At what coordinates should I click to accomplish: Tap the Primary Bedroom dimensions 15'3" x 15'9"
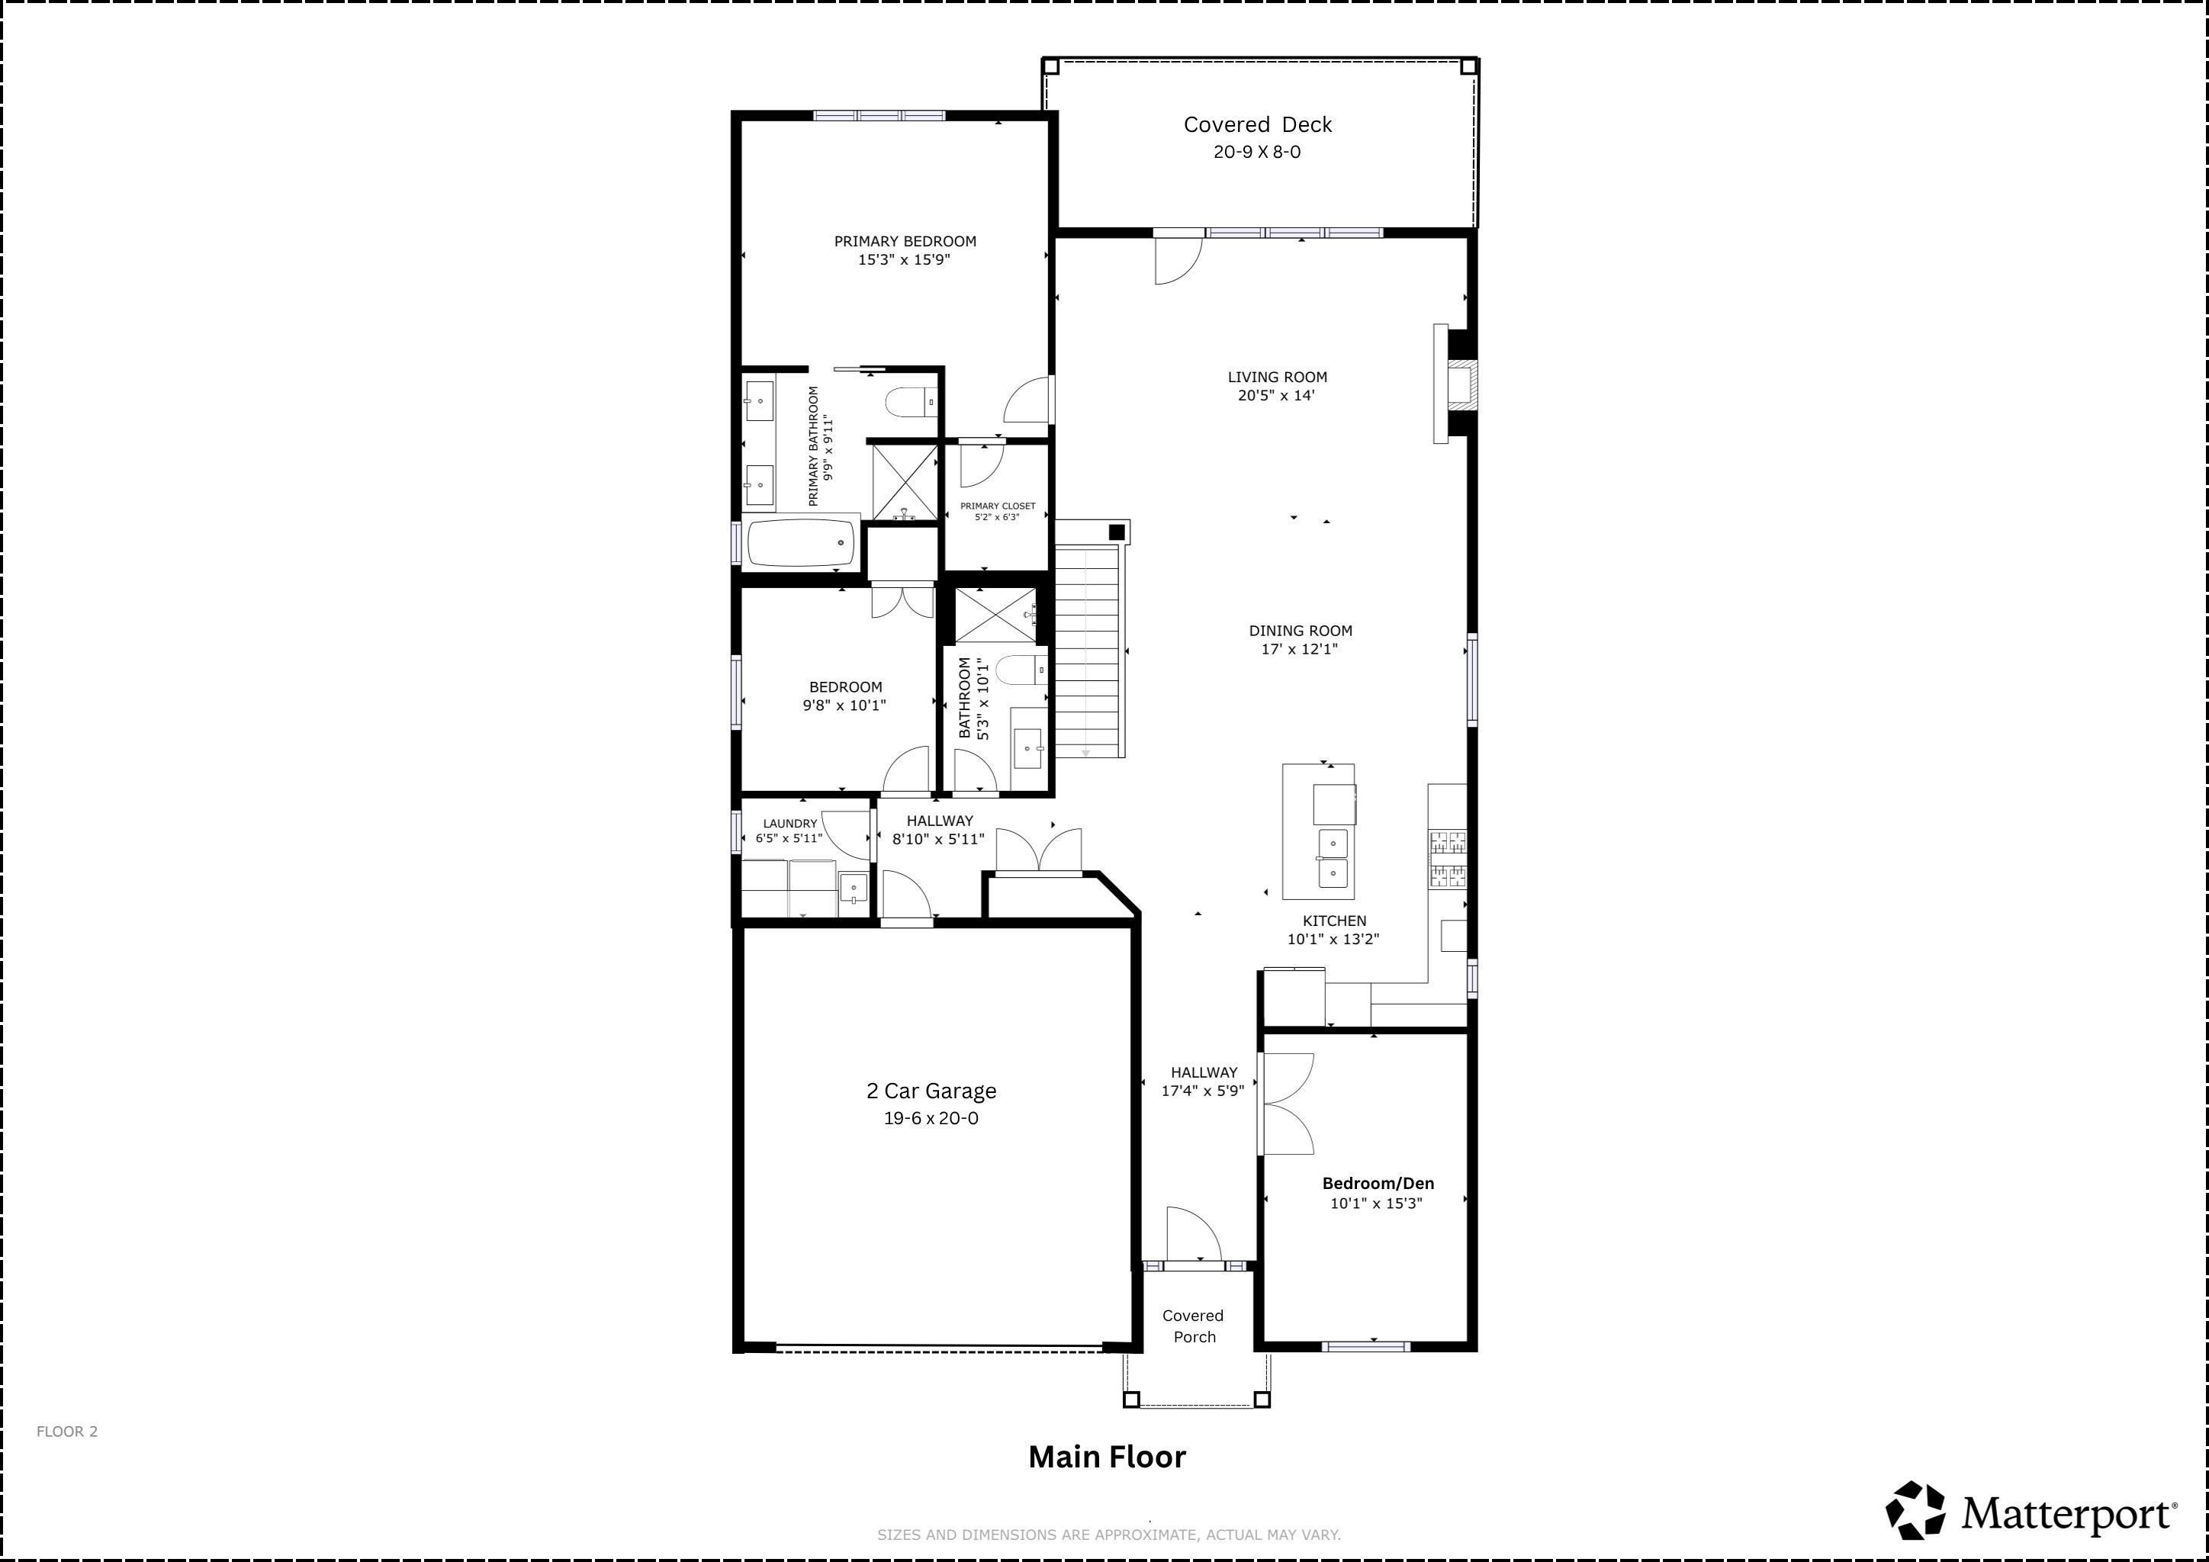(905, 259)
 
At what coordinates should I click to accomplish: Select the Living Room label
(1277, 377)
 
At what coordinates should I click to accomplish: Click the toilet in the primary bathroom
(910, 401)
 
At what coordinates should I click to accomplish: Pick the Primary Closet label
(998, 506)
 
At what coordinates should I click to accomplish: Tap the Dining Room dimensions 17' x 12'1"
(1300, 649)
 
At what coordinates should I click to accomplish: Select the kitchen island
(1318, 832)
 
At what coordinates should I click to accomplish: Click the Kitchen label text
(1334, 921)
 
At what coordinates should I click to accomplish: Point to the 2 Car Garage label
(931, 1091)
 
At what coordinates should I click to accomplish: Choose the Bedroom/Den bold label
(1378, 1184)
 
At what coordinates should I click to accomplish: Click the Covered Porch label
(1193, 1326)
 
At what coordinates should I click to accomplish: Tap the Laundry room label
(790, 823)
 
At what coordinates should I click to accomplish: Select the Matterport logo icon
(1915, 1510)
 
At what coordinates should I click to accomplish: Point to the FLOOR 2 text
(67, 1431)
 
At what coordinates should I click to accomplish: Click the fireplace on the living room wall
(1455, 384)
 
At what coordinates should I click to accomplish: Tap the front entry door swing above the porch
(1194, 1234)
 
